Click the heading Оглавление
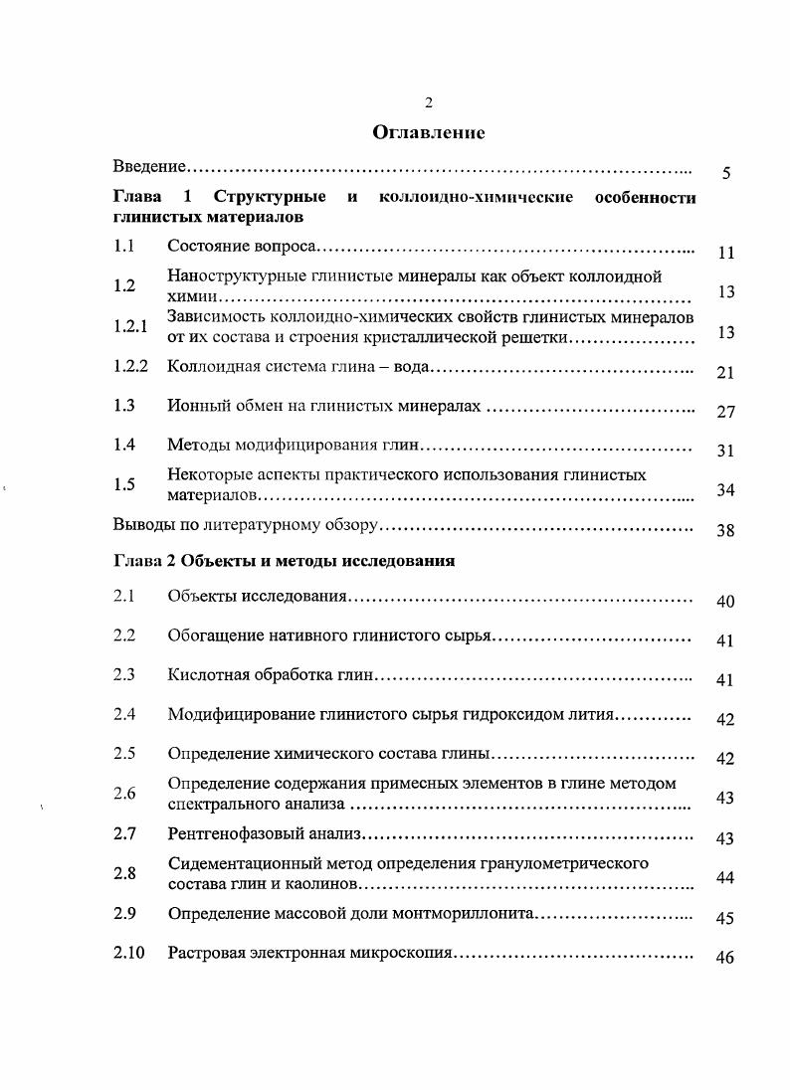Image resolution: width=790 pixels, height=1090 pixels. (x=428, y=132)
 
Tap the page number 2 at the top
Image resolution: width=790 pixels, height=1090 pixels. (x=428, y=102)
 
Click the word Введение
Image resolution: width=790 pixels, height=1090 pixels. (x=149, y=165)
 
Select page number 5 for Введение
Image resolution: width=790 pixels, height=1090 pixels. (x=726, y=174)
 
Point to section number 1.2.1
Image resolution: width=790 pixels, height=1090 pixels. (x=129, y=325)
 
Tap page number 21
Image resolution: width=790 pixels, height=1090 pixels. (x=725, y=373)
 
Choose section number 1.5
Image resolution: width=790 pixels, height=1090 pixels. (x=124, y=484)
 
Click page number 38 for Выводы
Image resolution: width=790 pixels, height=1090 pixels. (x=725, y=531)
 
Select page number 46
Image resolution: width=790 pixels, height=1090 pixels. (x=725, y=959)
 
